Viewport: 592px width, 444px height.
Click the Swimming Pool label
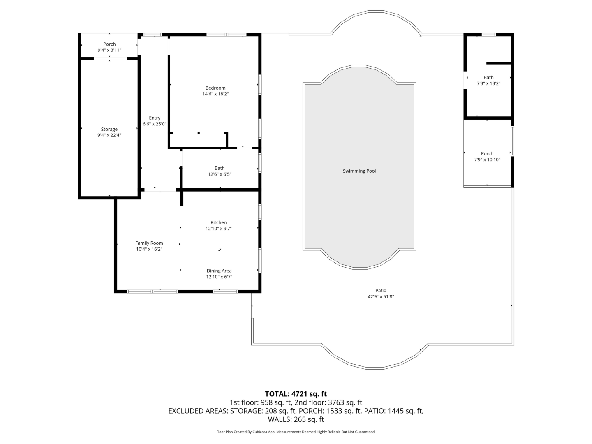coord(359,171)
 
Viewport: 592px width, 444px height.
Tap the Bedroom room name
coord(215,88)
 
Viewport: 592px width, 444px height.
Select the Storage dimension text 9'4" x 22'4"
coord(109,135)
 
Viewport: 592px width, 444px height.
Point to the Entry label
coord(155,118)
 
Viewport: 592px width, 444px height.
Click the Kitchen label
coord(218,222)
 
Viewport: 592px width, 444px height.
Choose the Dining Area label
coord(219,271)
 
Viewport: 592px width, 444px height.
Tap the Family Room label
coord(149,243)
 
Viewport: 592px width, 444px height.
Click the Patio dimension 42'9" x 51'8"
coord(381,296)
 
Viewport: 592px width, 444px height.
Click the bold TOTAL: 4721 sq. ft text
coord(296,394)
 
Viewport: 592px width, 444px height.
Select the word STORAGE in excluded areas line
coord(246,411)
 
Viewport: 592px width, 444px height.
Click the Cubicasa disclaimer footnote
coord(296,432)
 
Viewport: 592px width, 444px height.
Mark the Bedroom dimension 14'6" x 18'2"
coord(215,94)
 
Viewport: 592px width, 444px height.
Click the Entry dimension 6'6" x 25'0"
coord(155,124)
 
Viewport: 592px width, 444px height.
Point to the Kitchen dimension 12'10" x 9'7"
coord(218,229)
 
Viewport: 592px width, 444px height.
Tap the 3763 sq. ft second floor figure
coord(345,402)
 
